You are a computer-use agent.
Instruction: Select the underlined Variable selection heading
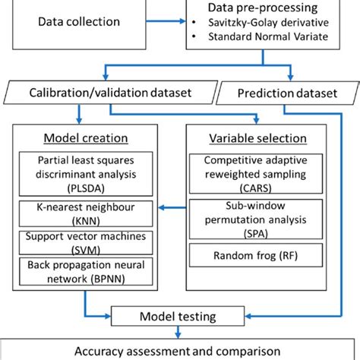pos(259,139)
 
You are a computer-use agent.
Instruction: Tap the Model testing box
pos(180,313)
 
